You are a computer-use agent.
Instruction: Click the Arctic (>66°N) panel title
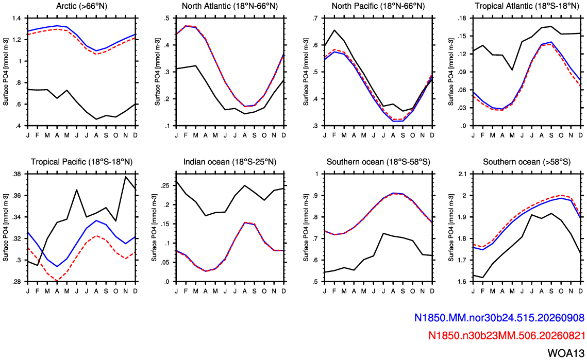point(81,6)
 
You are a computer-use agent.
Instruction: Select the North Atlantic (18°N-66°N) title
point(230,6)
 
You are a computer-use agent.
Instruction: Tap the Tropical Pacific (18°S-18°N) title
point(81,162)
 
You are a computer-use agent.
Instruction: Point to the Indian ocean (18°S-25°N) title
point(230,162)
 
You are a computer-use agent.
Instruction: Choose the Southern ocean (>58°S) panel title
point(527,162)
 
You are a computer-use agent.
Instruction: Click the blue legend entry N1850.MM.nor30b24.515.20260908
point(499,318)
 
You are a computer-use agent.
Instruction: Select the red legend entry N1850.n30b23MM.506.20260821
point(507,335)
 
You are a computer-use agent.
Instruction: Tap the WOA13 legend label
point(566,353)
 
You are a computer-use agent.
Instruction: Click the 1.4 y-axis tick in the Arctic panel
point(17,19)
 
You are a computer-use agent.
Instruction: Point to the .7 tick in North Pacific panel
point(315,19)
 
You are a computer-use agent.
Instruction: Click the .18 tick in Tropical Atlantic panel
point(462,19)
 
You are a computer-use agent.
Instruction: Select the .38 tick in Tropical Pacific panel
point(16,174)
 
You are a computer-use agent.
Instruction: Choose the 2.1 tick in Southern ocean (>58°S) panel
point(463,174)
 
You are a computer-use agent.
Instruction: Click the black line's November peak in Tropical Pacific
point(125,177)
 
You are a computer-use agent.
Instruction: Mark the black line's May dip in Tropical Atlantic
point(512,70)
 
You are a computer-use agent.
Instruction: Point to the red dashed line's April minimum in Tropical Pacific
point(57,281)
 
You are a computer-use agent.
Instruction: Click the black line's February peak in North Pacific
point(334,30)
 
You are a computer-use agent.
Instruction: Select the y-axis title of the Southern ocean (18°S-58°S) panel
point(305,228)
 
